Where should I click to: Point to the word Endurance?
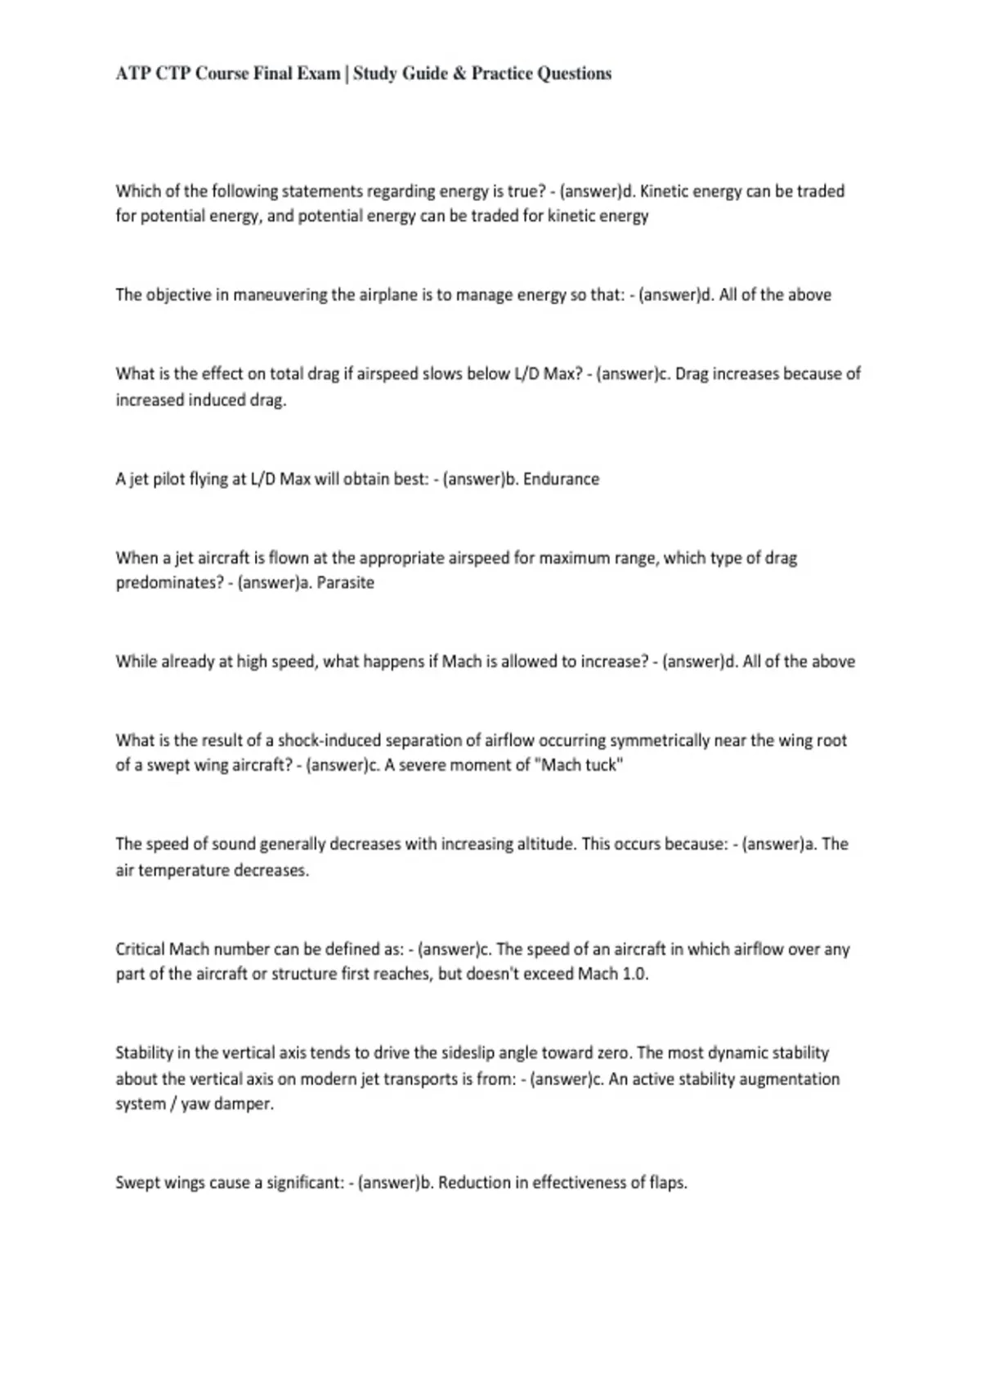coord(561,479)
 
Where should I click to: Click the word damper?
coord(243,1104)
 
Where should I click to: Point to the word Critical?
coord(140,949)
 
